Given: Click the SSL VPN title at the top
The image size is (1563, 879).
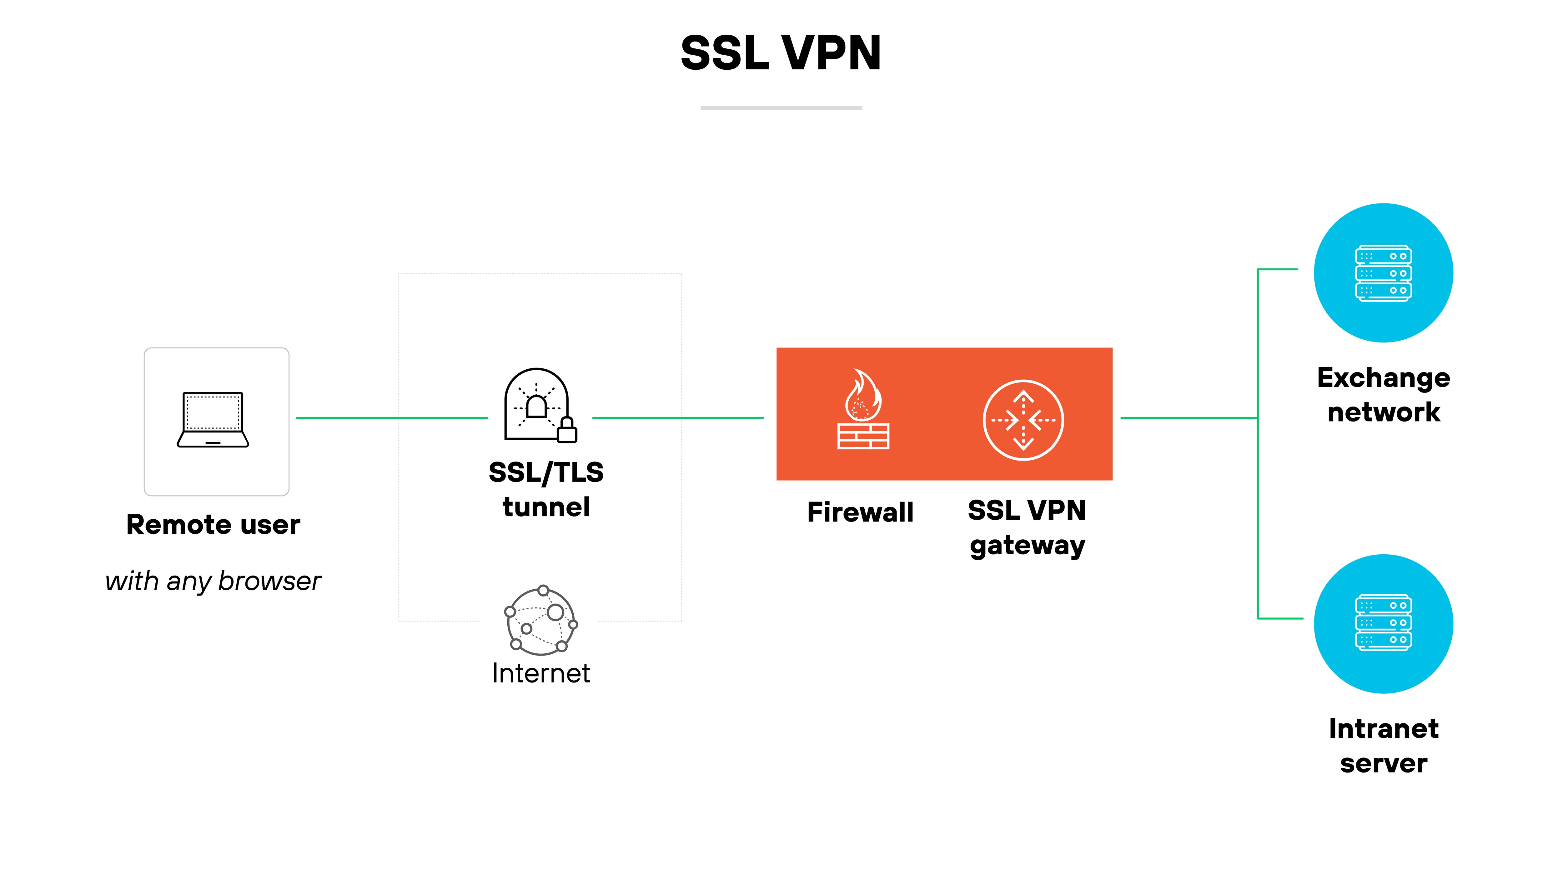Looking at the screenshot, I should [781, 53].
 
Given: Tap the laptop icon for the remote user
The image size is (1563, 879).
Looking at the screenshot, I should [213, 420].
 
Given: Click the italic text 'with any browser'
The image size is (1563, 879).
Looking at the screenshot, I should [213, 581].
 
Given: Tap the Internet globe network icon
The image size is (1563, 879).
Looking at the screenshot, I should [540, 620].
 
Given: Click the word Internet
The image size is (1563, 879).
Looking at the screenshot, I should [540, 673].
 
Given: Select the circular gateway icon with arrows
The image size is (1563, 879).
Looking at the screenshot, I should [1023, 420].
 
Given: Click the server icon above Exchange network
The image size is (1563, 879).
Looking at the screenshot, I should [1383, 273].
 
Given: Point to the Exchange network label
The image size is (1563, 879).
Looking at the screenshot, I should [1383, 395].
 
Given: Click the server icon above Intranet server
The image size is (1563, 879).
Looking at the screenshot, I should [1383, 623].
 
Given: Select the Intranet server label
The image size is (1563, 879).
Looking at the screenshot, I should [1383, 746].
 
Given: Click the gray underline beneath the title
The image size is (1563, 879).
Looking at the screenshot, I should [781, 108].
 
